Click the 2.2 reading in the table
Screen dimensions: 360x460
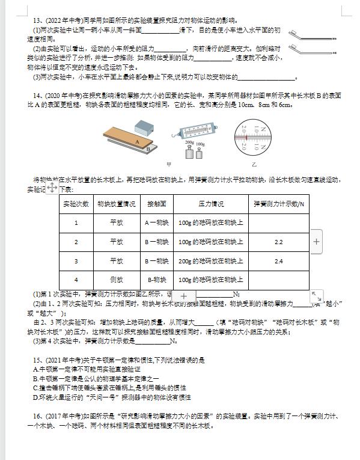[278, 242]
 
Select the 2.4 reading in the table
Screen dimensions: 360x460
[278, 261]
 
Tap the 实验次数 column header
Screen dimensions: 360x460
[76, 203]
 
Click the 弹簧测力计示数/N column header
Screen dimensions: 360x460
[278, 203]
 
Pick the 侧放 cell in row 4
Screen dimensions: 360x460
[117, 280]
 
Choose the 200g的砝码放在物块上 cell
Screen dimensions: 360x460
[210, 261]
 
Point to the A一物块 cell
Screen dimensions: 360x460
[156, 222]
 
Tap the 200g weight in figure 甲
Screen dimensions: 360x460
[189, 152]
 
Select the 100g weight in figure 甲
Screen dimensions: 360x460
[200, 153]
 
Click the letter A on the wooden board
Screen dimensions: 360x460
[137, 142]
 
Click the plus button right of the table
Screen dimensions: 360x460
[317, 242]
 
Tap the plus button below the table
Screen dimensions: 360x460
[184, 296]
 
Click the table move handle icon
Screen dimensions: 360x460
[52, 188]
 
